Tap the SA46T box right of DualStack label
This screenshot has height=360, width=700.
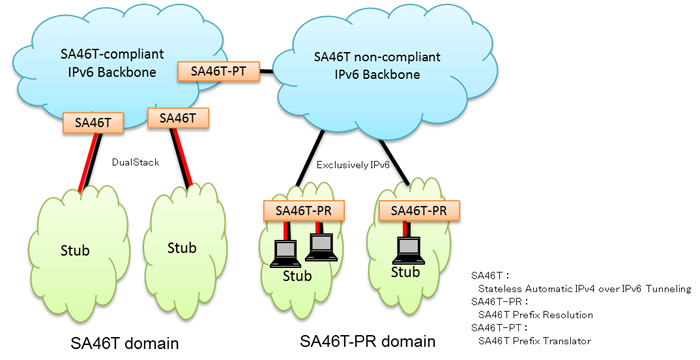[x=177, y=118]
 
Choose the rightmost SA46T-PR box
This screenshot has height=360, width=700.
[x=418, y=210]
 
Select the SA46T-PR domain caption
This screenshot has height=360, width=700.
[x=368, y=342]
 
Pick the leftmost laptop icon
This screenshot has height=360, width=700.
[x=284, y=251]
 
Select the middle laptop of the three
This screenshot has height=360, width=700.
[x=320, y=244]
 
